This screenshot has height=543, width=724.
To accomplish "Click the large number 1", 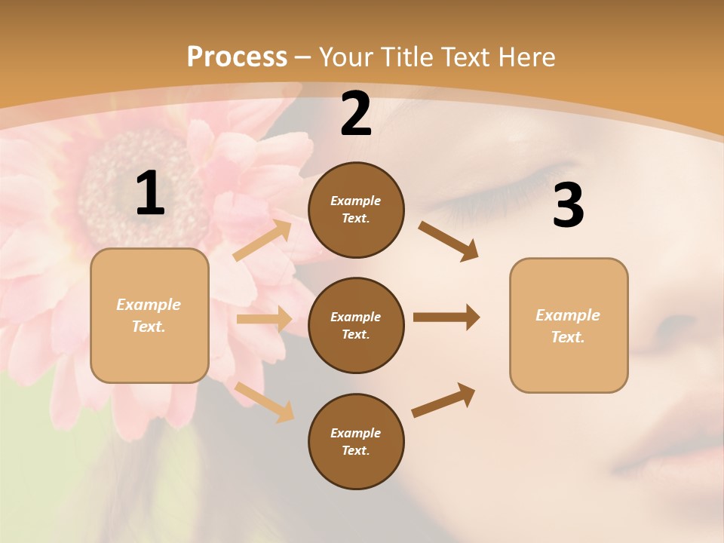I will click(150, 194).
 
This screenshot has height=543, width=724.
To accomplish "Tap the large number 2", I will click(356, 114).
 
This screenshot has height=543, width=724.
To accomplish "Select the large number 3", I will click(568, 205).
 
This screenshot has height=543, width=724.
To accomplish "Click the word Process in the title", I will click(237, 57).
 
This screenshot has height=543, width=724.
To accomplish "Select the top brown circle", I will click(356, 210).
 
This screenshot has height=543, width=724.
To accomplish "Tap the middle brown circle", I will click(356, 325).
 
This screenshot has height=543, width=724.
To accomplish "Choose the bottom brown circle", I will click(356, 441).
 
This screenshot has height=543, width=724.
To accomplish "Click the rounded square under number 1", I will click(149, 315).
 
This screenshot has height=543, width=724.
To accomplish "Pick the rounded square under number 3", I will click(569, 325).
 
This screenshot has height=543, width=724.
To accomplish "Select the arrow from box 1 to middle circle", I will click(264, 319).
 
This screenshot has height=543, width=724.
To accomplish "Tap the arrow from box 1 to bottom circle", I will click(265, 402).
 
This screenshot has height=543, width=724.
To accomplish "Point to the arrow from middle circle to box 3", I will click(446, 318).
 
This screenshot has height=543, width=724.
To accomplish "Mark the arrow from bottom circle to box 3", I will click(443, 400).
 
